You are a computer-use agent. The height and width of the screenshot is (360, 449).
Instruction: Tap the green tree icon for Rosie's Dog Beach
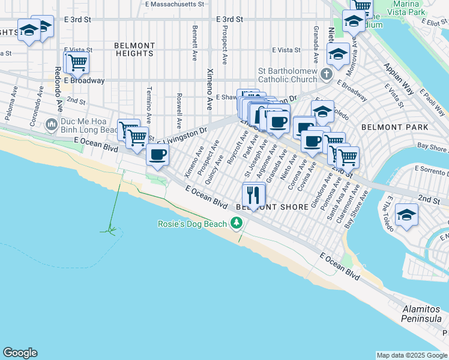coord(237,224)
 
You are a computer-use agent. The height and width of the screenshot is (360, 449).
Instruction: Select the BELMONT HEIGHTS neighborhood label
coord(135,49)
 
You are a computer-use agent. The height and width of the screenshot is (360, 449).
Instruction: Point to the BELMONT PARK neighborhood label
coord(394,127)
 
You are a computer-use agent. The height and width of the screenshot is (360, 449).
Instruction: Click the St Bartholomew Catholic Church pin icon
coord(326,75)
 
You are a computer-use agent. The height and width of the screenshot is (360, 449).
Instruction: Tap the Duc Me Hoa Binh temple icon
coord(52,125)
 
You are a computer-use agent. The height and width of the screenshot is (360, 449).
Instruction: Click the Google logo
coord(20,353)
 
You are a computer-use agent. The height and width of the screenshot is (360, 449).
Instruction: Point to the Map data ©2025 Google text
coord(411,355)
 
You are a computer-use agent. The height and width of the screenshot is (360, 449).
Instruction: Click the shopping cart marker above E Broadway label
coord(77,62)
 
